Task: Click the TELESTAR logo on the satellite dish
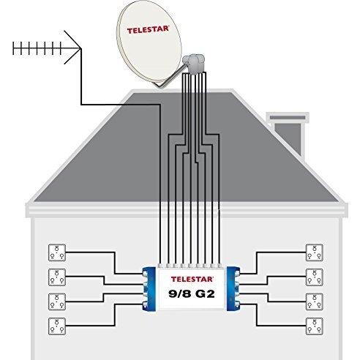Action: [x=148, y=30]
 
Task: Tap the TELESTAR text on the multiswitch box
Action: [x=192, y=279]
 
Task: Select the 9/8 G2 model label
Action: [x=192, y=293]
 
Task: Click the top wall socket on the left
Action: [x=57, y=252]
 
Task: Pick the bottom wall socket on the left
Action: [x=57, y=326]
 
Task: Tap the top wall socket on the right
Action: [x=315, y=252]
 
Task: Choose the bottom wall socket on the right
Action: [x=315, y=326]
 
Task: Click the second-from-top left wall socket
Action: [x=57, y=277]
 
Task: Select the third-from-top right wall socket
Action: [x=315, y=301]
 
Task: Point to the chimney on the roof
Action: [x=288, y=134]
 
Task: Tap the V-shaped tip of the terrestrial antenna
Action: [x=80, y=48]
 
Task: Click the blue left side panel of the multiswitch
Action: [x=149, y=289]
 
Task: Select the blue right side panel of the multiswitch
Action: [x=233, y=289]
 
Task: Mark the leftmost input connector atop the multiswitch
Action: [x=160, y=266]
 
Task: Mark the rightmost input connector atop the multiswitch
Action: [x=220, y=266]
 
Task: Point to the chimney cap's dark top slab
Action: [x=288, y=118]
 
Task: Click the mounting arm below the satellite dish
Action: [x=170, y=78]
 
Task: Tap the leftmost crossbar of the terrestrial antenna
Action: [x=15, y=48]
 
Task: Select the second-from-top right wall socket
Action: [x=315, y=277]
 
